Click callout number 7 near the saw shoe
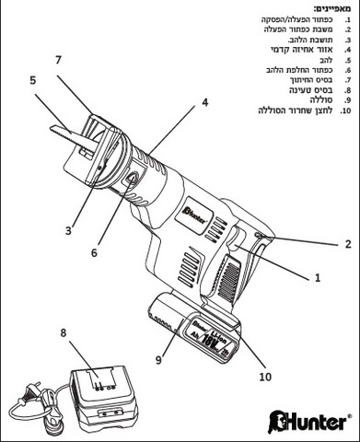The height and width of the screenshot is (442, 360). tap(59, 61)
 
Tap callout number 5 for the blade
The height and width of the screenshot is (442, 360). tap(33, 80)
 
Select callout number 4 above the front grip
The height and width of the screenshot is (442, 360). tap(204, 102)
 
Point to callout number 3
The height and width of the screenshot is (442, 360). tap(68, 230)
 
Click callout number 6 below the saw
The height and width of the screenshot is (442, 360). tap(94, 252)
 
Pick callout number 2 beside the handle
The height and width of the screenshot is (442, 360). tap(348, 244)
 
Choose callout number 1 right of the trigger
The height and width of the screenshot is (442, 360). tap(318, 278)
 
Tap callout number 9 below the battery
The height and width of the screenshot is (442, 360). tap(158, 359)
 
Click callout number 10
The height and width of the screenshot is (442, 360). tap(265, 377)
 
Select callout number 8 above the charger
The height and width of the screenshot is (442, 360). tap(64, 333)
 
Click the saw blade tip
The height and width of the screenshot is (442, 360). tap(51, 127)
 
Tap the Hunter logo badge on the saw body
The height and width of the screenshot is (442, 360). tap(195, 214)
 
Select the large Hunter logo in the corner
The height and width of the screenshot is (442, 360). tap(309, 423)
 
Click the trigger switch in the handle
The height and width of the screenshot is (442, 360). tap(236, 241)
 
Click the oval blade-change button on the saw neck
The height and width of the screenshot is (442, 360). tap(131, 179)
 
